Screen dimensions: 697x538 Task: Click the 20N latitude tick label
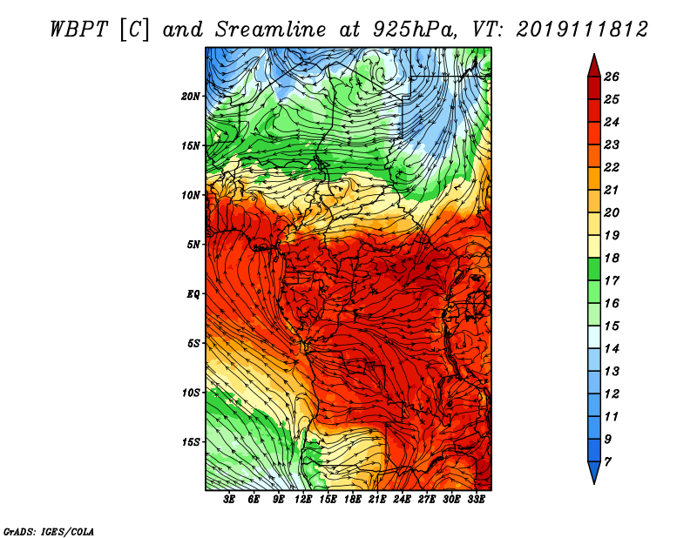pos(190,97)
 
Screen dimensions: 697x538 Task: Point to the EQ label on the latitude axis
pos(193,294)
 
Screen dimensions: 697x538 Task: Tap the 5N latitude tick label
pos(193,245)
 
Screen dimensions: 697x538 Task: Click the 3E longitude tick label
pos(229,499)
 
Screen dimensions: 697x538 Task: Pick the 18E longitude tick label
pos(352,499)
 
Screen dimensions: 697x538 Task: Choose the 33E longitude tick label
pos(476,499)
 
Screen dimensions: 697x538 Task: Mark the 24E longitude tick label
pos(402,499)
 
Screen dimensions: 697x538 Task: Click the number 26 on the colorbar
pos(612,77)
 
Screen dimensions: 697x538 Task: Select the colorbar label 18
pos(612,258)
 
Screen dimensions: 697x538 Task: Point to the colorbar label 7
pos(607,462)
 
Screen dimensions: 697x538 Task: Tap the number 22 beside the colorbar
pos(612,167)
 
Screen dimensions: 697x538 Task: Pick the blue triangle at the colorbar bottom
pos(594,472)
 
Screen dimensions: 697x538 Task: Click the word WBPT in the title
pos(78,30)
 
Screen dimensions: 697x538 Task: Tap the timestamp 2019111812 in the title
pos(582,30)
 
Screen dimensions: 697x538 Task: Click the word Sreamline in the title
pos(271,30)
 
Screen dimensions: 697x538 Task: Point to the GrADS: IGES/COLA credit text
pos(49,531)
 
